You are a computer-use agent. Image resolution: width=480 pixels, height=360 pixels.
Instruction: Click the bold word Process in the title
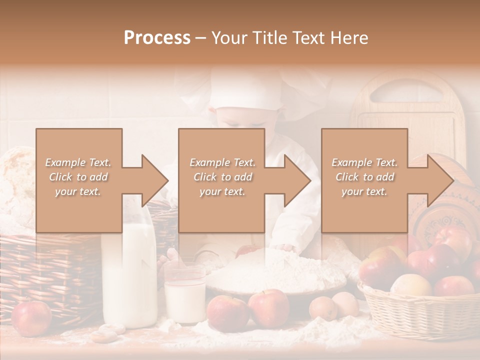pos(157,38)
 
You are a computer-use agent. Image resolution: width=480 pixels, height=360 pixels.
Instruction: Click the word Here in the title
pos(349,38)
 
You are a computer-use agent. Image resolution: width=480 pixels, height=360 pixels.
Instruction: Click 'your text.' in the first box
pos(78,191)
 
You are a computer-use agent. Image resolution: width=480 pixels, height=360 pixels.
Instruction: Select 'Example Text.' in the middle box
pos(222,162)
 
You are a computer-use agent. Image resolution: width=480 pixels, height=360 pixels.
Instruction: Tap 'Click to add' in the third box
pos(364,177)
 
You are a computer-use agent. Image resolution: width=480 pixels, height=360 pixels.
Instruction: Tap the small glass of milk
pos(185,297)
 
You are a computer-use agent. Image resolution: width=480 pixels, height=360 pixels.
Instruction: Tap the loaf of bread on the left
pos(17,185)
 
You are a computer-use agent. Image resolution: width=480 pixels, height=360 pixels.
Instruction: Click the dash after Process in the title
pos(201,38)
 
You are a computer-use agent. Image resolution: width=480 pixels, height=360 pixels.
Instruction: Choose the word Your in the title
pos(230,38)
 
